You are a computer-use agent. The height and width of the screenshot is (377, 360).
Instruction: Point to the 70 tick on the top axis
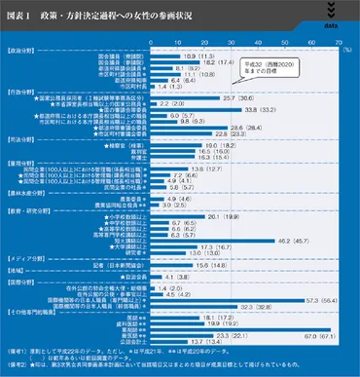(339, 44)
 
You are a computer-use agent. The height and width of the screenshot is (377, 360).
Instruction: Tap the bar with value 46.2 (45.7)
(208, 237)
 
